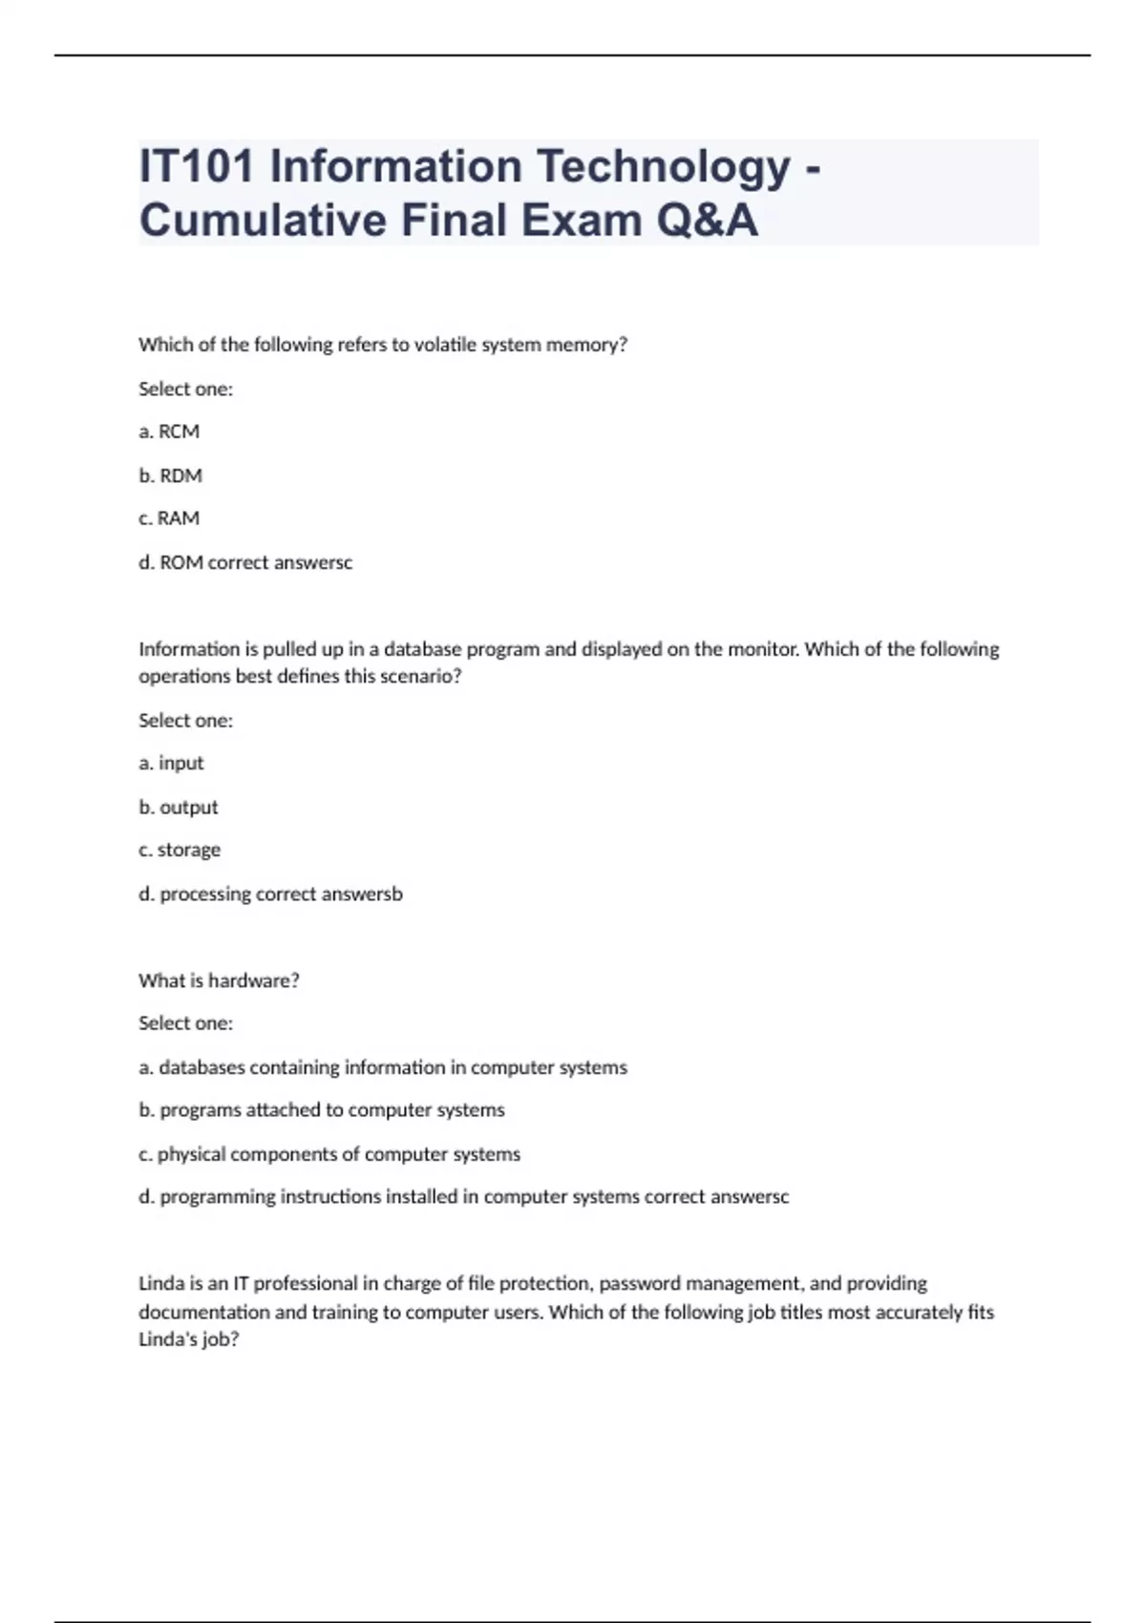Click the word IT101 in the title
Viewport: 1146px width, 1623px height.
point(197,166)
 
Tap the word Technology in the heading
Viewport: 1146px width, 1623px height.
point(663,166)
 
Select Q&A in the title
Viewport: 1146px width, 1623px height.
point(707,221)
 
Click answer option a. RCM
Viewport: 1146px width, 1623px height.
point(169,432)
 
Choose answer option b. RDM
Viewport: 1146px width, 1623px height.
point(170,475)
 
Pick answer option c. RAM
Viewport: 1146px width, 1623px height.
point(169,518)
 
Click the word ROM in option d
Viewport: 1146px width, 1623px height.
point(181,562)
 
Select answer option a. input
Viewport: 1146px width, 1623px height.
point(171,763)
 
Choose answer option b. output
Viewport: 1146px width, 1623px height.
point(178,807)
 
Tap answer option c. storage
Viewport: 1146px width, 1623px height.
point(180,850)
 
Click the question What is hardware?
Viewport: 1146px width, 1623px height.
point(219,980)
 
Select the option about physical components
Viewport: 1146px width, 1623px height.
point(329,1154)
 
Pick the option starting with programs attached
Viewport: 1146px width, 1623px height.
point(322,1110)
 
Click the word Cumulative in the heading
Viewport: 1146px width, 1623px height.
point(263,221)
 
